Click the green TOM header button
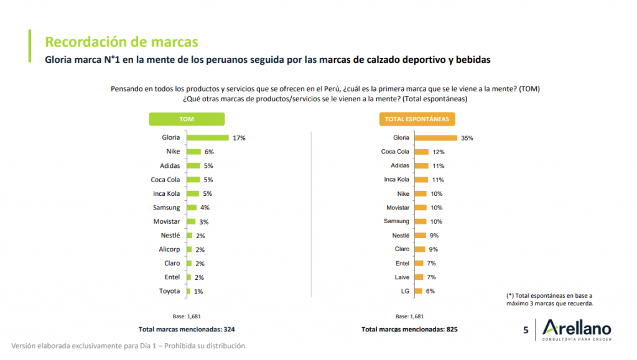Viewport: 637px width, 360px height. (187, 119)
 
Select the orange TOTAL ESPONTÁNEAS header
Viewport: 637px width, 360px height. (417, 119)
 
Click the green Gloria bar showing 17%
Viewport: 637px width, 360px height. (208, 137)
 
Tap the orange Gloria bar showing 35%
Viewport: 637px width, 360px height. (436, 137)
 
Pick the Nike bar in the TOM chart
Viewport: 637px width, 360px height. (194, 152)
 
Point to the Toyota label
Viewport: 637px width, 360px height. (170, 291)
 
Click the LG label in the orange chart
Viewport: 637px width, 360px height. (404, 291)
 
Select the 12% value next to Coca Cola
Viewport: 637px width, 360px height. (439, 152)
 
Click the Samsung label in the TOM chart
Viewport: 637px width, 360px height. (167, 208)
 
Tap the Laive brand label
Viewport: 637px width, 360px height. (401, 277)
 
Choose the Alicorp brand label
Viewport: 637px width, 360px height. (169, 249)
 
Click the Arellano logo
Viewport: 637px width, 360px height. (576, 330)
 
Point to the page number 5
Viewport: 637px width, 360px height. (526, 330)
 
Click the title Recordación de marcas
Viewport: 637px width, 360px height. (121, 42)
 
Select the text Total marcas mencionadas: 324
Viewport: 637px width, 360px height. (186, 329)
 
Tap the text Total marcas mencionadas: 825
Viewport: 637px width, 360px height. (409, 329)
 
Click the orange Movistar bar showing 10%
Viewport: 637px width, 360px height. (421, 208)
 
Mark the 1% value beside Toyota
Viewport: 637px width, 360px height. (199, 291)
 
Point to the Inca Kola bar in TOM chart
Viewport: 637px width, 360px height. (193, 193)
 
